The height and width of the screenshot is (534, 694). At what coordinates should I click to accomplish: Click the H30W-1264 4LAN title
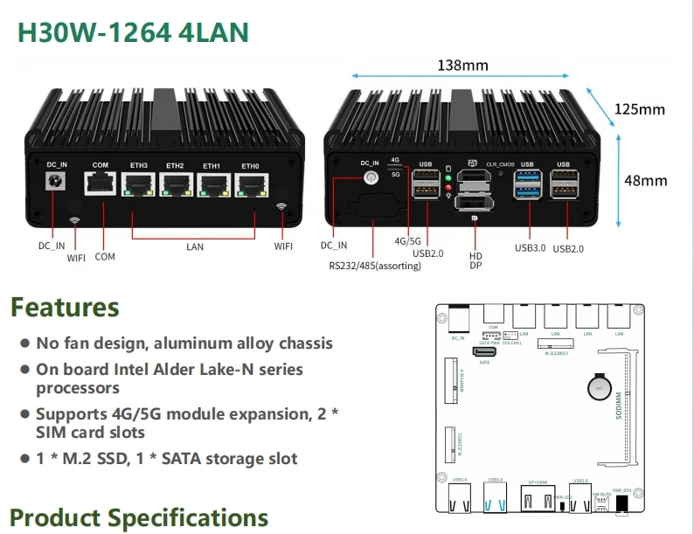133,32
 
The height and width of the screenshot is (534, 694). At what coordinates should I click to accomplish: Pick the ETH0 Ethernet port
250,185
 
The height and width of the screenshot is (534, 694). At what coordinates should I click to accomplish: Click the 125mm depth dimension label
639,109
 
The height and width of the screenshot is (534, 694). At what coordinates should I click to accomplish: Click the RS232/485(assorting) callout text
374,266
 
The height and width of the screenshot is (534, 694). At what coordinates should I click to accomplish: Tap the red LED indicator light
448,186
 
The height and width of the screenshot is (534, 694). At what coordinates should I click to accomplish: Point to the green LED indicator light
448,178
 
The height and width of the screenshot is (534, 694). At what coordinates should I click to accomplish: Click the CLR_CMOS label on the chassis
502,164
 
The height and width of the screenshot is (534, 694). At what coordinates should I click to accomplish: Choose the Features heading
65,308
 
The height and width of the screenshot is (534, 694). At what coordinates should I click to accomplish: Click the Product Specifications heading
139,517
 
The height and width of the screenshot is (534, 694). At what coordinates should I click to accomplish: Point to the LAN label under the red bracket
194,246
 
